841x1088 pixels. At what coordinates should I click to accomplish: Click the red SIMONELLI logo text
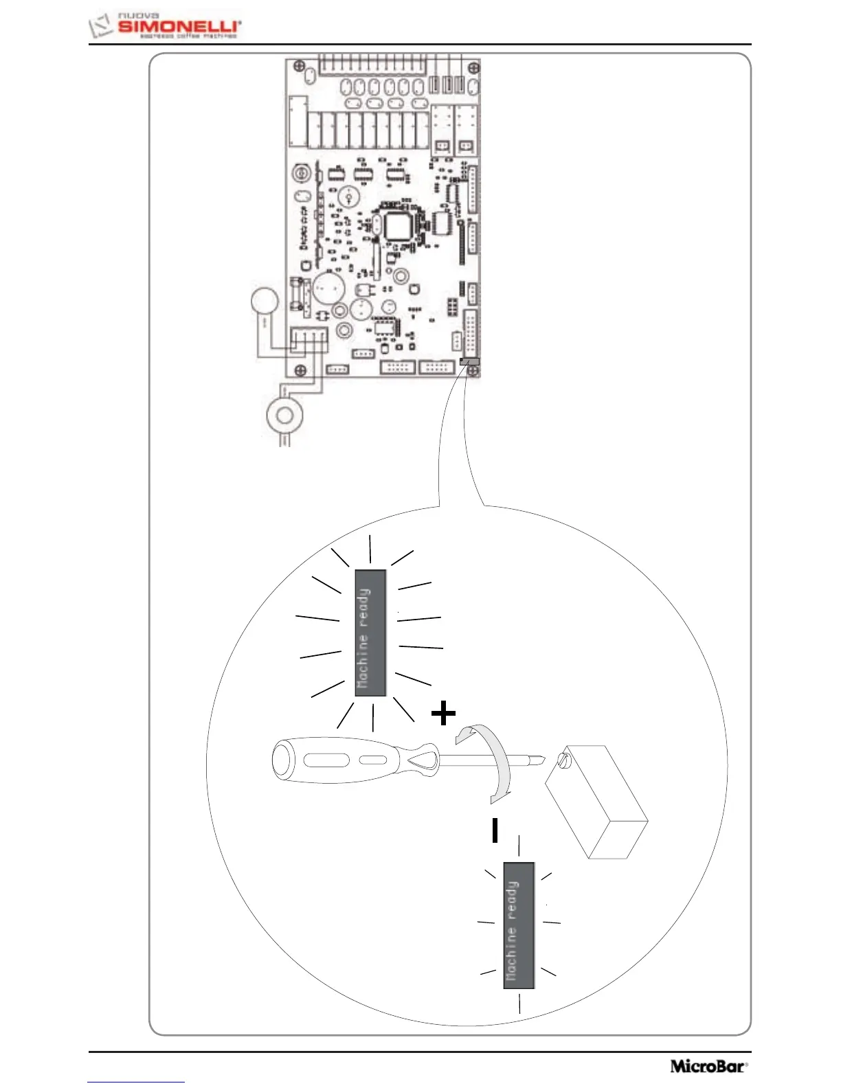pyautogui.click(x=178, y=26)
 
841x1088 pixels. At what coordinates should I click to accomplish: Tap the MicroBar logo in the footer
pyautogui.click(x=708, y=1065)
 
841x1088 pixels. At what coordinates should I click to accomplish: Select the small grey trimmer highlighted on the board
pyautogui.click(x=469, y=361)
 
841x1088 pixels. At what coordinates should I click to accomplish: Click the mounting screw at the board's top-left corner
pyautogui.click(x=299, y=66)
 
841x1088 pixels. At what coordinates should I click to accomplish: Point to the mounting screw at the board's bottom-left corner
pyautogui.click(x=300, y=371)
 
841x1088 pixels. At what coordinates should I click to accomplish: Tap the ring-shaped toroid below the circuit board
pyautogui.click(x=283, y=415)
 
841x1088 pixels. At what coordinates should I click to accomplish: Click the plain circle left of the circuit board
pyautogui.click(x=264, y=302)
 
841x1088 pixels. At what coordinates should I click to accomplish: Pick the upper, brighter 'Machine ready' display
pyautogui.click(x=370, y=633)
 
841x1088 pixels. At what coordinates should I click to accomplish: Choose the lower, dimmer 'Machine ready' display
pyautogui.click(x=519, y=925)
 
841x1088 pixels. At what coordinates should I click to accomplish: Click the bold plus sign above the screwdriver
pyautogui.click(x=443, y=713)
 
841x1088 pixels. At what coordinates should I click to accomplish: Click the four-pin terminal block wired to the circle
pyautogui.click(x=309, y=338)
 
